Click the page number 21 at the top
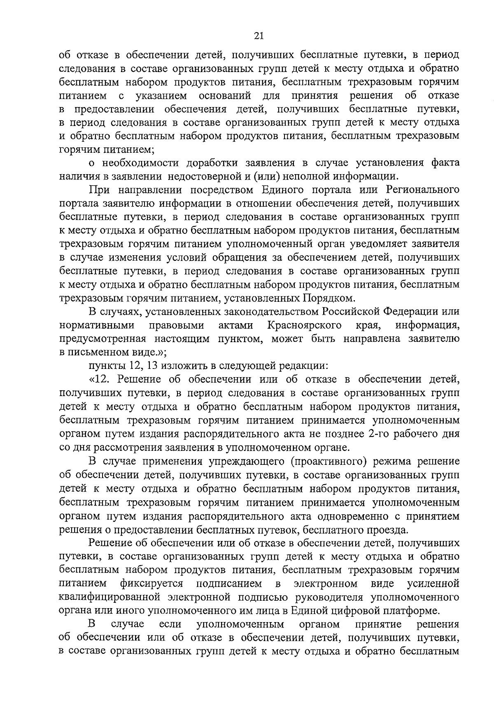tap(259, 36)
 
